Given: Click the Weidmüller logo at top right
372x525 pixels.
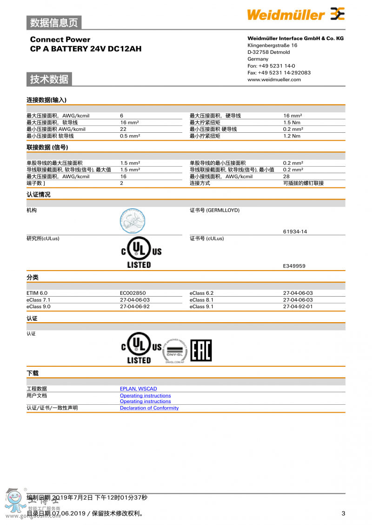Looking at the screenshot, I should pyautogui.click(x=296, y=14).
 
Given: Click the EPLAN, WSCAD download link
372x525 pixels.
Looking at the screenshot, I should pyautogui.click(x=139, y=389).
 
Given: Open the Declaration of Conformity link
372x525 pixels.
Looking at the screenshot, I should pyautogui.click(x=149, y=408).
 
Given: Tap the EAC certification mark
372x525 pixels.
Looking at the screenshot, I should pyautogui.click(x=201, y=350).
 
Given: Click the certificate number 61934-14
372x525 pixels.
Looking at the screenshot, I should pyautogui.click(x=295, y=231).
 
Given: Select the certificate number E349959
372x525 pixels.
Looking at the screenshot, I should pyautogui.click(x=294, y=266).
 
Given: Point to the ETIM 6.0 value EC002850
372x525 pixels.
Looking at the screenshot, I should pyautogui.click(x=133, y=293).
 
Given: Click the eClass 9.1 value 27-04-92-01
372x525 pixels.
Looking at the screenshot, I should pyautogui.click(x=298, y=307).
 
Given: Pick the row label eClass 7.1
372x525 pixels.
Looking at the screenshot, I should pyautogui.click(x=39, y=300).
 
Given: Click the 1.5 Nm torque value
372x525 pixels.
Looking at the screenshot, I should pyautogui.click(x=292, y=123).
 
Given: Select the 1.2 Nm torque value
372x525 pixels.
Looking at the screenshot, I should pyautogui.click(x=292, y=136).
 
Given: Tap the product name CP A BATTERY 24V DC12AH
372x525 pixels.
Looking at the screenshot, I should pyautogui.click(x=86, y=49).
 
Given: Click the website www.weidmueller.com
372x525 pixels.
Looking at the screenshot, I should pyautogui.click(x=274, y=79).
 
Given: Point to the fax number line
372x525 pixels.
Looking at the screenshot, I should pyautogui.click(x=279, y=72).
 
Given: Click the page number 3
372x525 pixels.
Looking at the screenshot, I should pyautogui.click(x=343, y=513).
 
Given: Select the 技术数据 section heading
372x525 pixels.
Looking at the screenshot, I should pyautogui.click(x=49, y=79).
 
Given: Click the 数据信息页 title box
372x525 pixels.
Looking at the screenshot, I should pyautogui.click(x=54, y=22).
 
